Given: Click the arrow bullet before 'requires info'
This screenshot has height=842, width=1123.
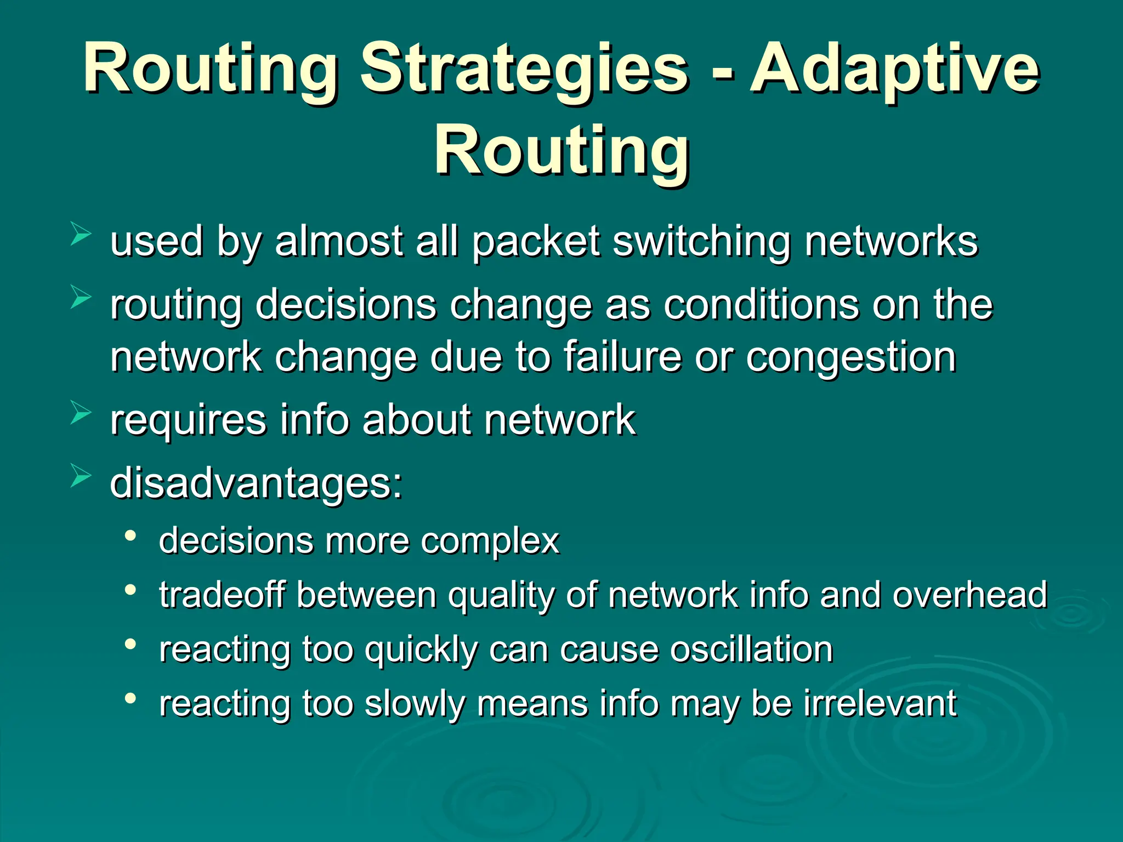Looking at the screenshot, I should pos(81,413).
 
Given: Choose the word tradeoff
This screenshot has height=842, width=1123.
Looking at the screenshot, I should pos(222,595).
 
